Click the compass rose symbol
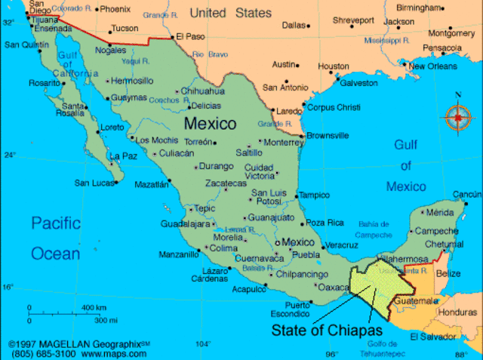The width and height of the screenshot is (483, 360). click(x=458, y=116)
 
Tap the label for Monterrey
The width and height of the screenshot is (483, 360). click(x=284, y=142)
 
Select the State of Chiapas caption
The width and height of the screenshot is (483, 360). click(x=327, y=330)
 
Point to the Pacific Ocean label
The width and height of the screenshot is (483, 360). click(x=55, y=238)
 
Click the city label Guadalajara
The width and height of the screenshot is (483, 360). click(x=185, y=224)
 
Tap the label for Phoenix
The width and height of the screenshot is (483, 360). click(x=115, y=9)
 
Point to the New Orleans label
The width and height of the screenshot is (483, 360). click(x=433, y=66)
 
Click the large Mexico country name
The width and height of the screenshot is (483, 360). click(x=210, y=123)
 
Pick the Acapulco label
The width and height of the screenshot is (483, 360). click(x=249, y=289)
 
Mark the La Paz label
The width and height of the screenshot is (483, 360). click(x=124, y=156)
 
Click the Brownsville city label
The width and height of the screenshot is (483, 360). click(x=327, y=136)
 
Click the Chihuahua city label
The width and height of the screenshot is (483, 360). click(x=203, y=91)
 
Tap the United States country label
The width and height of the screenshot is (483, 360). click(x=230, y=13)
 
